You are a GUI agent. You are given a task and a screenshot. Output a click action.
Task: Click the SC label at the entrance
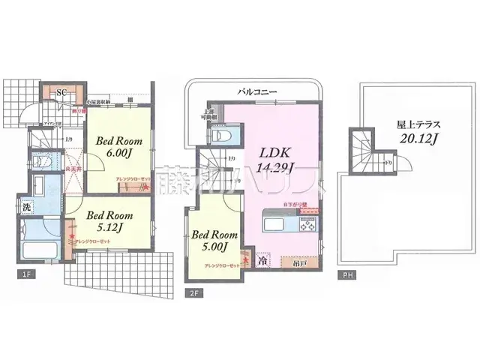pyautogui.click(x=63, y=91)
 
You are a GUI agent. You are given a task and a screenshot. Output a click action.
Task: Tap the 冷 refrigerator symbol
pyautogui.click(x=263, y=262)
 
